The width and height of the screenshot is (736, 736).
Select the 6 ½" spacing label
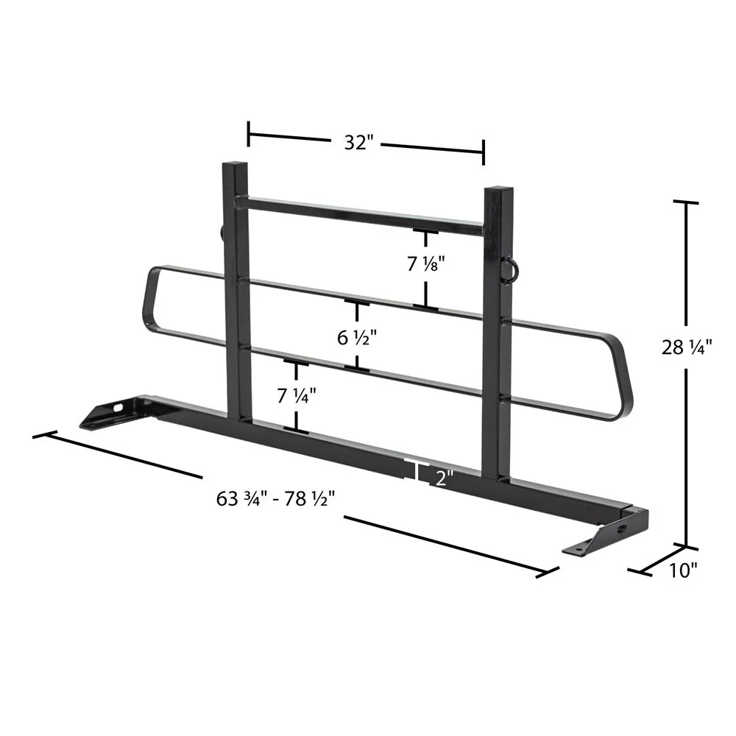coord(357,338)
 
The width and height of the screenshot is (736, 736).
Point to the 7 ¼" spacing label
coord(297,395)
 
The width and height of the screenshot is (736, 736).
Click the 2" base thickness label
coord(442,478)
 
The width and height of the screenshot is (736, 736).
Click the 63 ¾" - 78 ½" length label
coord(276,498)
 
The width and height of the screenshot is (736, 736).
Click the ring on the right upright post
coord(509,268)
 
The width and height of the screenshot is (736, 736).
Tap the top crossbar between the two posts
coord(364,216)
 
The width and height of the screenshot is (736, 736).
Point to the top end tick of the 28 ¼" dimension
coord(687,202)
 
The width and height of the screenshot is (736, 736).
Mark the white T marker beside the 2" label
coord(417,471)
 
